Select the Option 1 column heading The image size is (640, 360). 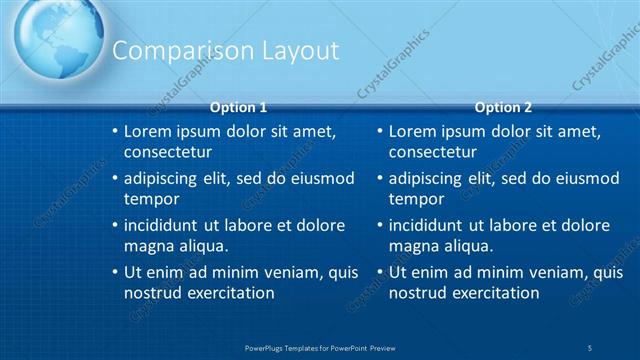(239, 107)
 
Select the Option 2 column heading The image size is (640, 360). (504, 107)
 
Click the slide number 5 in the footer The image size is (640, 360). (590, 347)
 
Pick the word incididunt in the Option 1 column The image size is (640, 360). (164, 226)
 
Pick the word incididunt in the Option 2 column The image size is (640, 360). (430, 226)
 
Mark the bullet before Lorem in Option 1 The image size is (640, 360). (115, 132)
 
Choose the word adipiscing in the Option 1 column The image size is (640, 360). (163, 179)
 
